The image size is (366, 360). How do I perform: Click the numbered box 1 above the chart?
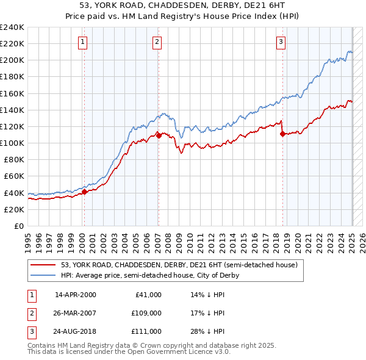(x=82, y=42)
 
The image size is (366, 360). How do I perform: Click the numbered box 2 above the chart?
(x=157, y=42)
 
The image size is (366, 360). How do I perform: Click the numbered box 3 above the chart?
(x=281, y=42)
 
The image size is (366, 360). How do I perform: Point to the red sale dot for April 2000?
(x=84, y=192)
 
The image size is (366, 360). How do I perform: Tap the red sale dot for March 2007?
(x=159, y=135)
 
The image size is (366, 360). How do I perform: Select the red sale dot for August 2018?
(x=282, y=134)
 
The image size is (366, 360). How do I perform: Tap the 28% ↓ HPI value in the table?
(x=207, y=331)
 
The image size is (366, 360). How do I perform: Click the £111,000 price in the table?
(x=147, y=331)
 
